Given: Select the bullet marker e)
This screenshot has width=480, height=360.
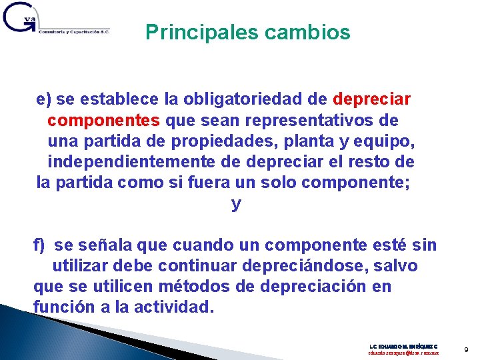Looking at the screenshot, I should click(x=44, y=100).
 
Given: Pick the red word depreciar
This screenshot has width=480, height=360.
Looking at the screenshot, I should click(x=371, y=100).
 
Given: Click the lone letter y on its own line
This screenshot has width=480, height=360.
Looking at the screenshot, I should click(x=235, y=204).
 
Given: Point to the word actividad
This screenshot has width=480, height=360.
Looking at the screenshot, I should click(x=178, y=307).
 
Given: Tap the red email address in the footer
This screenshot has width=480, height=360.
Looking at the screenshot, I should click(x=403, y=352).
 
